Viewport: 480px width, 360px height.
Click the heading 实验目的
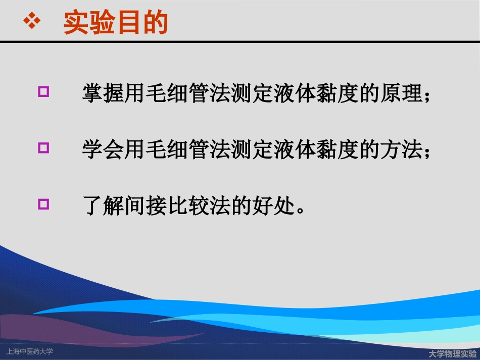coord(115,23)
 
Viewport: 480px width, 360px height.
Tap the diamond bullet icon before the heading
coord(32,22)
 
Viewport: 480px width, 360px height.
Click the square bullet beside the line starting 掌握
coord(44,92)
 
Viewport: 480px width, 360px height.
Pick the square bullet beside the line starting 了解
coord(44,204)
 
